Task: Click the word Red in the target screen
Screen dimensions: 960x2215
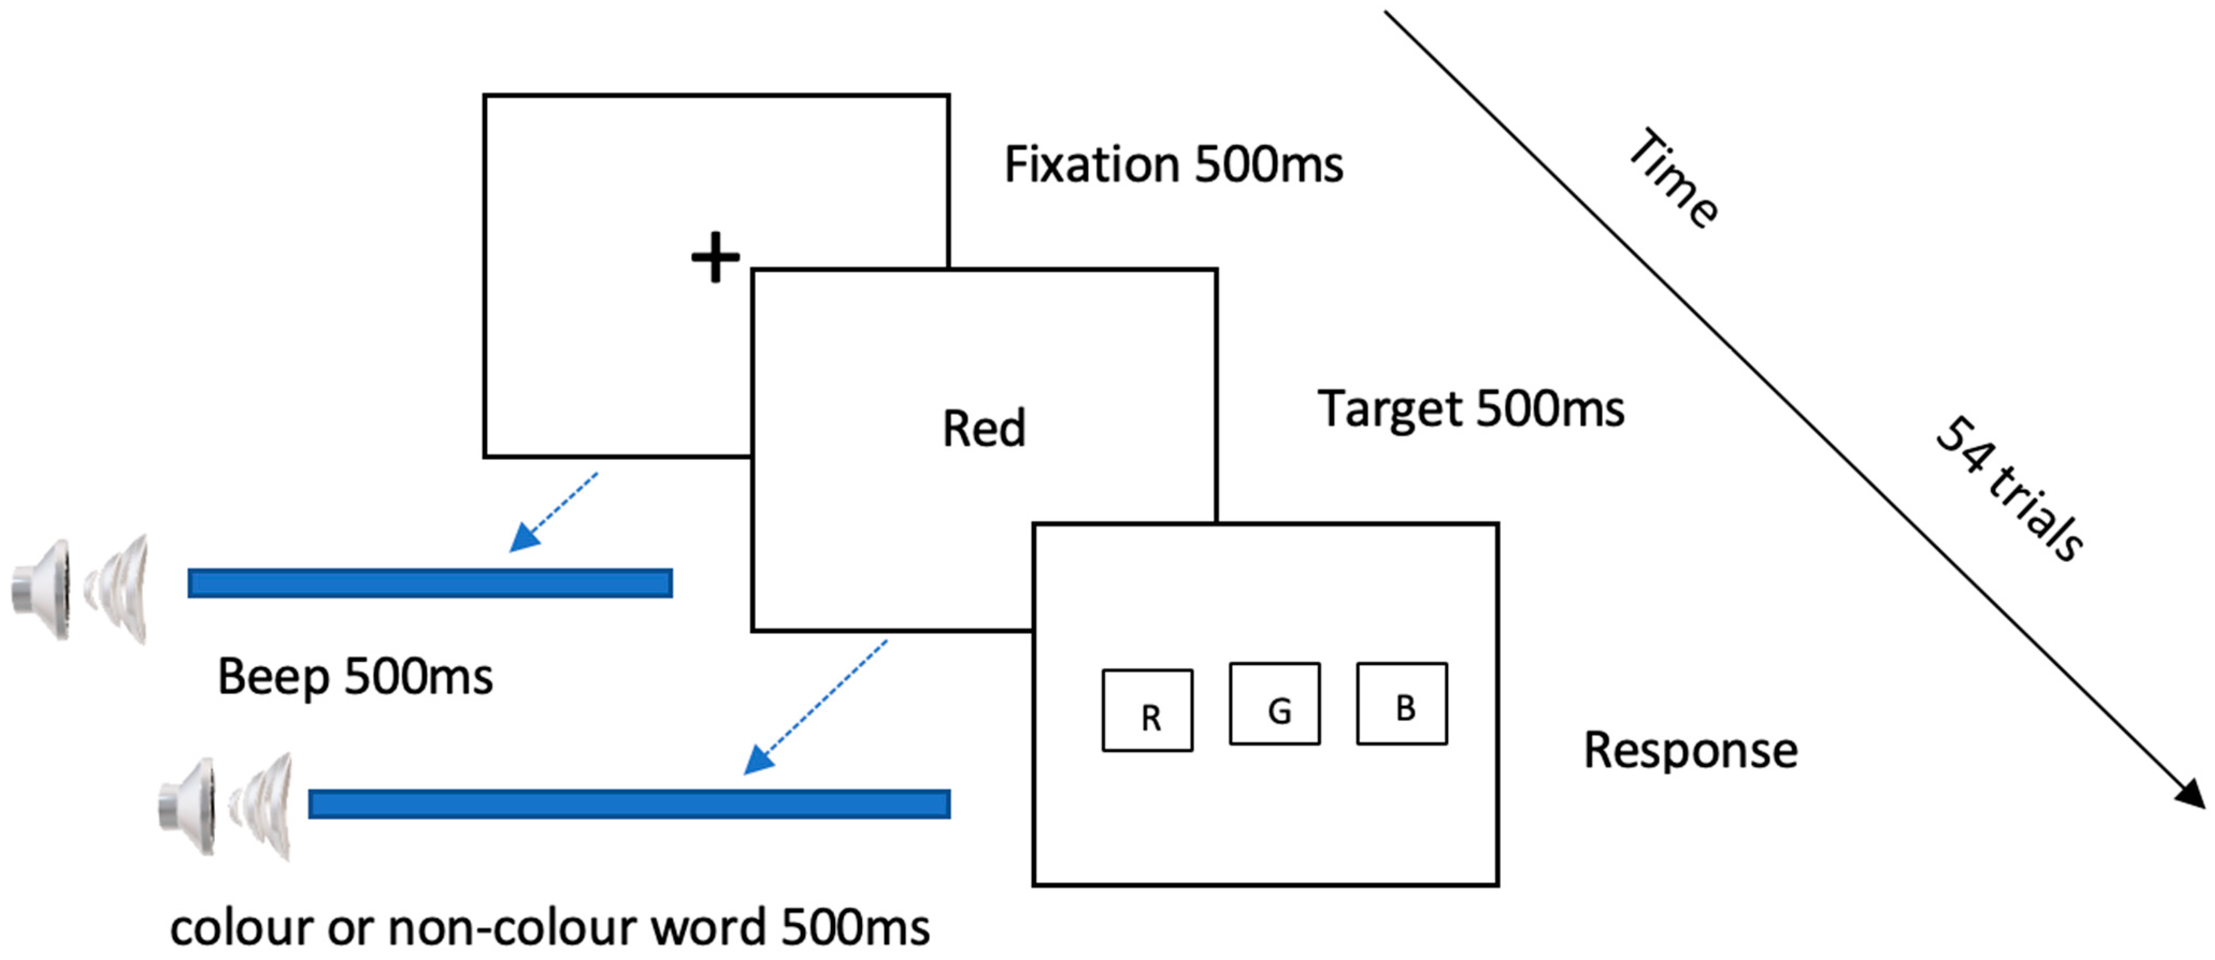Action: (984, 428)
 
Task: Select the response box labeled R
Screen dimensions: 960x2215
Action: (1147, 711)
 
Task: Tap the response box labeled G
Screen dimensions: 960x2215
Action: (1274, 704)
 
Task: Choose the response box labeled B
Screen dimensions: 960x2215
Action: (1402, 704)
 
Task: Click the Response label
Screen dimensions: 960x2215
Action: (1690, 750)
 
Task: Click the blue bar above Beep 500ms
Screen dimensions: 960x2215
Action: (430, 583)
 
